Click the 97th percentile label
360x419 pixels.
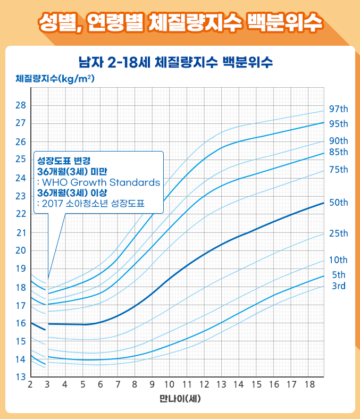[338, 109]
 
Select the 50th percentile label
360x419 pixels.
[338, 203]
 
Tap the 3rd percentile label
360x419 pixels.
[338, 287]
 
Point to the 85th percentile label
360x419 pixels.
[338, 152]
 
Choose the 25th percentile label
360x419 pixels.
[338, 233]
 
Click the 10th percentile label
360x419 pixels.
[338, 260]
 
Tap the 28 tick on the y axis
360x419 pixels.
[21, 105]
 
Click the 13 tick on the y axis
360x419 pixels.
[21, 377]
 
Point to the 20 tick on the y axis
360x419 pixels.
[21, 250]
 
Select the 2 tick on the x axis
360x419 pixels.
[30, 384]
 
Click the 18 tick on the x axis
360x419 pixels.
[308, 384]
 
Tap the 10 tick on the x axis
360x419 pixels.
[169, 384]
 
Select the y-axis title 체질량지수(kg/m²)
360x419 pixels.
[55, 79]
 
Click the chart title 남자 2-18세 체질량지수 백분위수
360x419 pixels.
[175, 62]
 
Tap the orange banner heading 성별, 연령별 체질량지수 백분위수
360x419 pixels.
[180, 22]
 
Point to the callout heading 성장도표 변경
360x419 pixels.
[64, 160]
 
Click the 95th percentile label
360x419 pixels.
[338, 124]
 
